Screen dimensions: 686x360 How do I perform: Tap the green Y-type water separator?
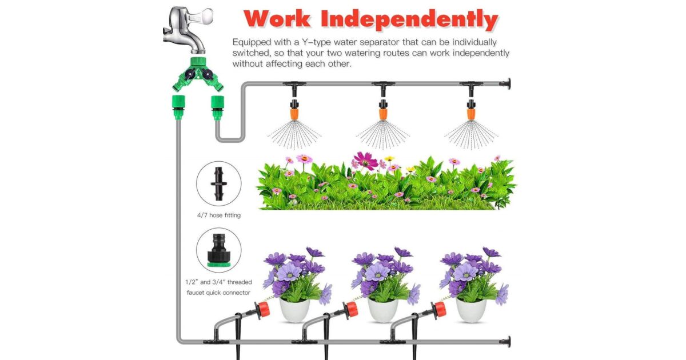tap(198, 74)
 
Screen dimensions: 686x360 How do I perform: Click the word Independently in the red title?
tap(409, 19)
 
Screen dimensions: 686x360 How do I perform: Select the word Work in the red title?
tap(277, 19)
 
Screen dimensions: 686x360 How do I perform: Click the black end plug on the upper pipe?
tap(505, 83)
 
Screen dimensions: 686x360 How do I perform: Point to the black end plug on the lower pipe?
tap(505, 342)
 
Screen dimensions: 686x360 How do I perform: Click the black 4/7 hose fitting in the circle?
tap(218, 183)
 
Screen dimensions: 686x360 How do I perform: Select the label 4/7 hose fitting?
tap(218, 215)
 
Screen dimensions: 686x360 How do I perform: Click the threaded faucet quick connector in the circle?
tap(218, 250)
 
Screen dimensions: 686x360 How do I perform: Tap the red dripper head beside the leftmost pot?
tap(263, 310)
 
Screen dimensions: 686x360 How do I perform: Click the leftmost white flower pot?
tap(294, 310)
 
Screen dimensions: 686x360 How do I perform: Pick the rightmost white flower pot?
tap(471, 310)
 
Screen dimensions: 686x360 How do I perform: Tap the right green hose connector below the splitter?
tap(217, 107)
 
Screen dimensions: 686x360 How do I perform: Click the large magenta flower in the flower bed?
tap(366, 161)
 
